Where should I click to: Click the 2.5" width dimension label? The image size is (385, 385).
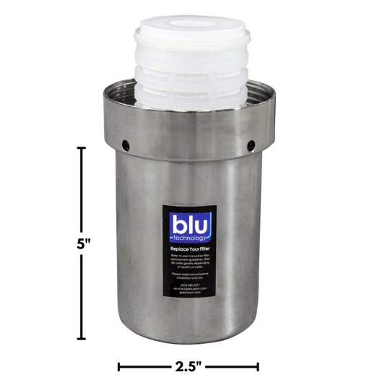click(x=189, y=367)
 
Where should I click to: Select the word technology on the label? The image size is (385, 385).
click(x=191, y=238)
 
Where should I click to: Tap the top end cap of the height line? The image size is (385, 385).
click(x=82, y=148)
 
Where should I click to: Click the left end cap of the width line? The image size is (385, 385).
click(x=119, y=367)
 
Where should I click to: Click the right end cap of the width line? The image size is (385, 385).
click(x=258, y=367)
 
